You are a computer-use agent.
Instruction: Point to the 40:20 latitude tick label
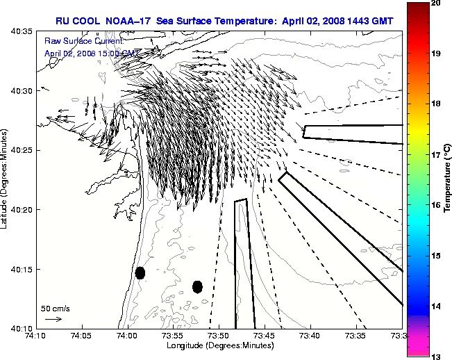[x=22, y=209]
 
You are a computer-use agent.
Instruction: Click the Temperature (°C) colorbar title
[x=448, y=179]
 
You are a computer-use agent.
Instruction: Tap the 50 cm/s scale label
[x=56, y=308]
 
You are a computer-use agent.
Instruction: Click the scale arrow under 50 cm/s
[x=53, y=319]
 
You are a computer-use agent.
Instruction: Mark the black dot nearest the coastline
[x=140, y=272]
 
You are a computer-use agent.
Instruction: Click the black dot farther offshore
[x=197, y=286]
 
